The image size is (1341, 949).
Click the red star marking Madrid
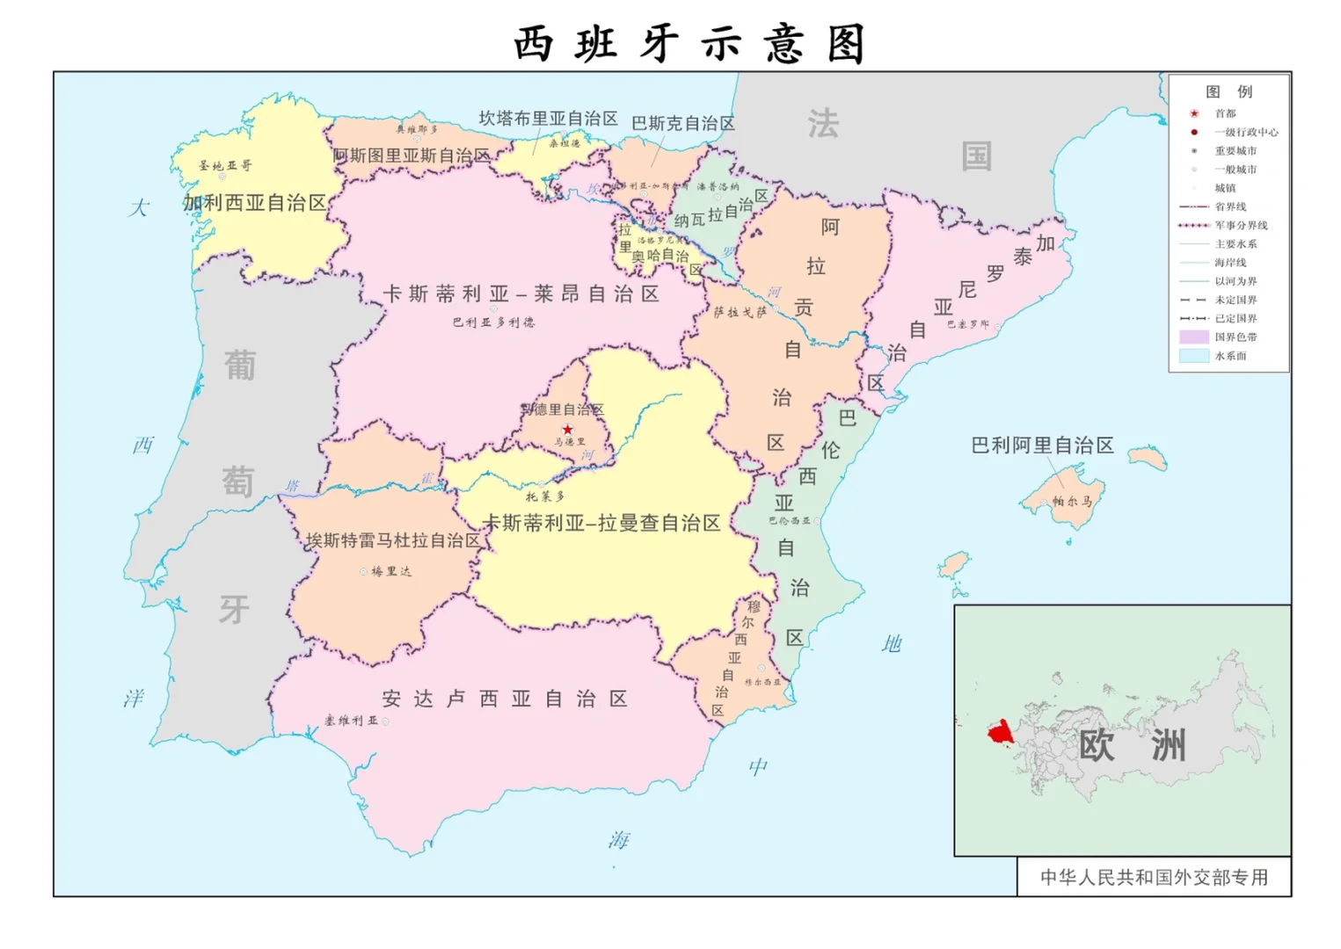[567, 430]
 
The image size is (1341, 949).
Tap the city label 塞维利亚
[351, 721]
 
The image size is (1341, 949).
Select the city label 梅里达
[390, 571]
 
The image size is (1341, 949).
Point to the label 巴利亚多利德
[493, 322]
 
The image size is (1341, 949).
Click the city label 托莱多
[545, 496]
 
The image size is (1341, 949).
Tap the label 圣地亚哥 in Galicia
[224, 165]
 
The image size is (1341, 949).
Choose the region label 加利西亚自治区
[254, 203]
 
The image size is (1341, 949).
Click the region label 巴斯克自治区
[683, 124]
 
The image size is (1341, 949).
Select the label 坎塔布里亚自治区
[548, 119]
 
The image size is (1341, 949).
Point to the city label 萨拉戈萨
[740, 312]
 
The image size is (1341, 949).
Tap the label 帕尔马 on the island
[1072, 501]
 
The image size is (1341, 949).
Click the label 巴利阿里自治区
[1042, 446]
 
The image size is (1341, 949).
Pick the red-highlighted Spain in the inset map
[999, 732]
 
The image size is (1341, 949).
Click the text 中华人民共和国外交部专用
[1154, 877]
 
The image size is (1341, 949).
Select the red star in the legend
[1194, 113]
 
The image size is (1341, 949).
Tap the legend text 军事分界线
[1241, 225]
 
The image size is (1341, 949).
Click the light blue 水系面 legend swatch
[1194, 356]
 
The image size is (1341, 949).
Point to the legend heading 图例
[1228, 91]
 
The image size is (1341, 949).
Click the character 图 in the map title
[846, 44]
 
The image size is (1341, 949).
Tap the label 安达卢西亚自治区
[505, 699]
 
